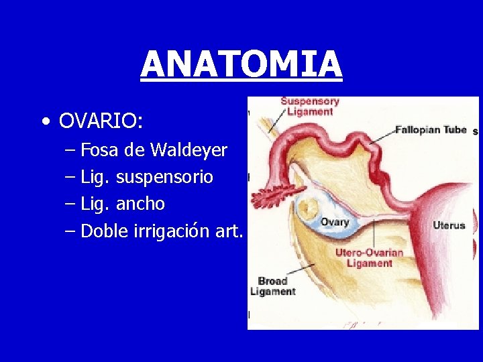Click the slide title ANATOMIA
tap(241, 64)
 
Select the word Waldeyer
tap(189, 150)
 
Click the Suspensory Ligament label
tap(309, 107)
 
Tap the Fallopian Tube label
tap(430, 129)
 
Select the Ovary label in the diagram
tap(334, 222)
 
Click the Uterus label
tap(449, 225)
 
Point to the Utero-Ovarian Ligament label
tap(369, 258)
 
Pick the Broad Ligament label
tap(272, 286)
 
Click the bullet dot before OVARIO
tap(44, 122)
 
